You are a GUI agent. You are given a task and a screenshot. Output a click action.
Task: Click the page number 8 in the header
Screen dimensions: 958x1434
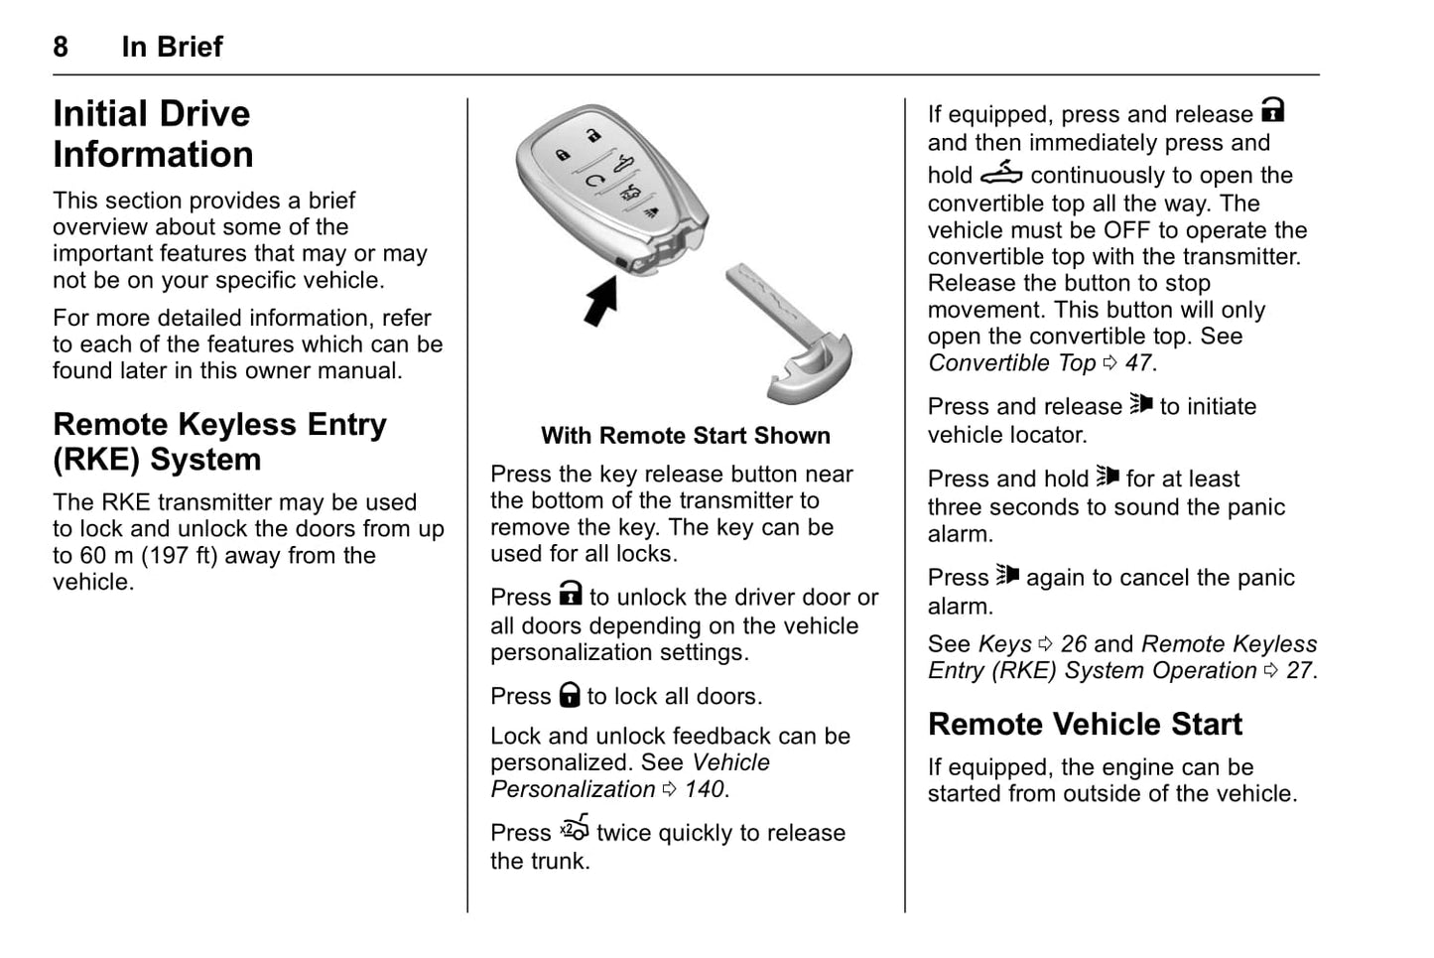61,47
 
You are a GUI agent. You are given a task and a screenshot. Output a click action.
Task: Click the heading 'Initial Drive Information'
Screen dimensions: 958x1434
153,134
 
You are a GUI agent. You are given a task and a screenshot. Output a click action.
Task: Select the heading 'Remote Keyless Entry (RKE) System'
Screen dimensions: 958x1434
219,442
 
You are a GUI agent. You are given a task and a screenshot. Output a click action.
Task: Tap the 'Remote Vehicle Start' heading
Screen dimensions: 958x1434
1085,724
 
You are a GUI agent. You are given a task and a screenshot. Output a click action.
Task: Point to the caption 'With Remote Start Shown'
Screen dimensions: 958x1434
685,436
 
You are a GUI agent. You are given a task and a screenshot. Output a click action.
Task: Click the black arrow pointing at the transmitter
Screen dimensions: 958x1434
600,300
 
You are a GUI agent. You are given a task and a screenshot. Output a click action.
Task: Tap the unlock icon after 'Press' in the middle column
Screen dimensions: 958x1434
570,595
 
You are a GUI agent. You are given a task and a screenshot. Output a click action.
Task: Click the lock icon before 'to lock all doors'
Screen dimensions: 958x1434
569,694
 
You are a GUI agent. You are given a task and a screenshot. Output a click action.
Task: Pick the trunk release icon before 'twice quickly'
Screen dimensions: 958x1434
575,828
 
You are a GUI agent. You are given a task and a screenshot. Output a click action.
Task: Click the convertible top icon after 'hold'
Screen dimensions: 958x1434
1000,174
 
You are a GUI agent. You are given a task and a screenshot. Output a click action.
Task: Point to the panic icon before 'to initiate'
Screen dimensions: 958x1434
1140,404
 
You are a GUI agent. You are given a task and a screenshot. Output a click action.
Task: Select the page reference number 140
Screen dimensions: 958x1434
705,789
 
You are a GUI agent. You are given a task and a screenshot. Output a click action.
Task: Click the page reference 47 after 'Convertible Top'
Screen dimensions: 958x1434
1138,363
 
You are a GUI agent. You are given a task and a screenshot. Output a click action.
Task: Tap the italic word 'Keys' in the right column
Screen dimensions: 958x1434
1004,644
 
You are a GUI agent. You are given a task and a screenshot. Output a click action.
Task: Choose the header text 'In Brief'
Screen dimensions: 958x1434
172,47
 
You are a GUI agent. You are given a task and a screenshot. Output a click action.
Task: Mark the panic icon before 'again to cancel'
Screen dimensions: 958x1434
1007,576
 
